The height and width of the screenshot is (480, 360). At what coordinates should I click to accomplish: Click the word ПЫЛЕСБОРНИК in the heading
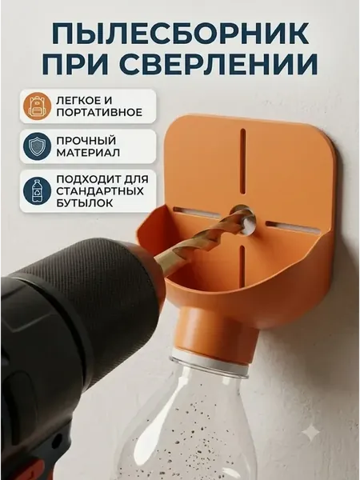(x=180, y=33)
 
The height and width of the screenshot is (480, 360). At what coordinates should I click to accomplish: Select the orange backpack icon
(x=37, y=106)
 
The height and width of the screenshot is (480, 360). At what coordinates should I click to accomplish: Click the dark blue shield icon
(x=37, y=146)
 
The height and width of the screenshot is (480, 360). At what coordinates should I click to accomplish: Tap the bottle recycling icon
(x=37, y=191)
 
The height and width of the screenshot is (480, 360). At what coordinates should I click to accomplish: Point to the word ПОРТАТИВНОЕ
(x=99, y=112)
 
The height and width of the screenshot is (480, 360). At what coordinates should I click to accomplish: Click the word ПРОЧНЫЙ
(x=86, y=141)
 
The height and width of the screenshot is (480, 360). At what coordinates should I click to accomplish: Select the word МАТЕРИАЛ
(x=88, y=153)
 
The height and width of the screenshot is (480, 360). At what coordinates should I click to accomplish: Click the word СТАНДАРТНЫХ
(x=100, y=191)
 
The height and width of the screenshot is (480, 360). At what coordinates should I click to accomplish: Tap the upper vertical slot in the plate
(x=242, y=161)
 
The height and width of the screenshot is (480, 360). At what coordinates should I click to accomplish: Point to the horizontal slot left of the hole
(x=197, y=212)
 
